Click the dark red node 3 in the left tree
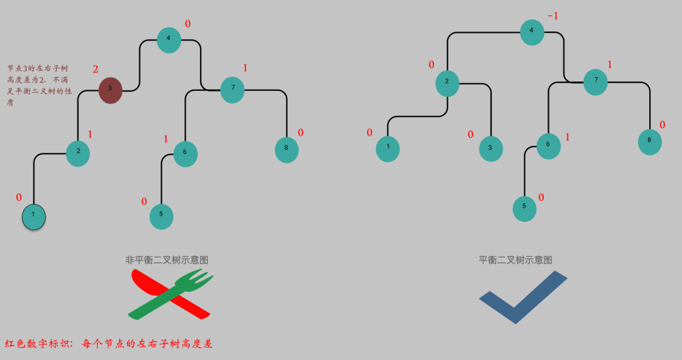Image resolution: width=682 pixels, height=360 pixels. (110, 89)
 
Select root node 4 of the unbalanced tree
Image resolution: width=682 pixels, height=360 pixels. (169, 39)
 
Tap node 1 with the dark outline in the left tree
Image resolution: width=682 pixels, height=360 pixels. (33, 216)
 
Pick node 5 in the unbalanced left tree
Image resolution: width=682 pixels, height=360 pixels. (161, 215)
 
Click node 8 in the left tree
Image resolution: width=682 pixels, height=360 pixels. (287, 150)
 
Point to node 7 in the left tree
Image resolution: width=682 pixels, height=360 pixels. (232, 89)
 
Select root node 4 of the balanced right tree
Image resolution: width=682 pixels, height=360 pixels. (532, 32)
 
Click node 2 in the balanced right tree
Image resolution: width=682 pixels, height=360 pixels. (447, 82)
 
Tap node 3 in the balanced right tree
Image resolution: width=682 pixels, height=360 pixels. (490, 148)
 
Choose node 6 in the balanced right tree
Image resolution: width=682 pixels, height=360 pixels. (548, 145)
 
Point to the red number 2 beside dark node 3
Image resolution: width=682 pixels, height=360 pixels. (95, 69)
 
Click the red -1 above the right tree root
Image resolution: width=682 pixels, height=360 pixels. (553, 16)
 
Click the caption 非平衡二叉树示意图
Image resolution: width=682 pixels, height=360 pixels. (167, 260)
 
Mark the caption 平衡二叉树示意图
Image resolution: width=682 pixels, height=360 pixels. (515, 260)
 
